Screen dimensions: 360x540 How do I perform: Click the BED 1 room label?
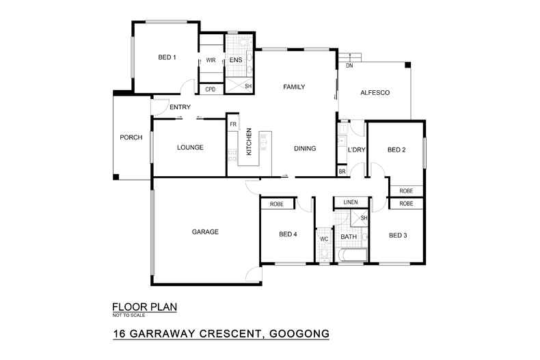[x=167, y=57]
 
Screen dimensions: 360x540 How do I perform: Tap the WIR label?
[x=211, y=60]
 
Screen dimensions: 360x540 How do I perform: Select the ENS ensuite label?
[x=235, y=60]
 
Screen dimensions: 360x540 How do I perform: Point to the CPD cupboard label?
[x=211, y=89]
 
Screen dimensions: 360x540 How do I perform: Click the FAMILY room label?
[x=294, y=87]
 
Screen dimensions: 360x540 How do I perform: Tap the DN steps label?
[x=349, y=66]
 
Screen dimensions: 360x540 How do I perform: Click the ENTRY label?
[x=180, y=107]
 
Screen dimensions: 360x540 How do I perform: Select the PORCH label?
[x=131, y=137]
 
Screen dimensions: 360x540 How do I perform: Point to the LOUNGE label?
[x=190, y=148]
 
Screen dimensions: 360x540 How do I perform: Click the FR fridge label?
[x=232, y=124]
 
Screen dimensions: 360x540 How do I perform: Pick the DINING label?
[x=305, y=148]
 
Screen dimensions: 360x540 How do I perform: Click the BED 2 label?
[x=397, y=150]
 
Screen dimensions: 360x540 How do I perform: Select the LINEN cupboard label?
[x=351, y=203]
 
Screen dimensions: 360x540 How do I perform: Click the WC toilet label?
[x=324, y=239]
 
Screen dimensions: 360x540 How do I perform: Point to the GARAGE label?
[x=204, y=232]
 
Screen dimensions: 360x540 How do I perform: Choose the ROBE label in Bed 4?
[x=277, y=204]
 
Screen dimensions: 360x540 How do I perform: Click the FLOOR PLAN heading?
[x=144, y=307]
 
